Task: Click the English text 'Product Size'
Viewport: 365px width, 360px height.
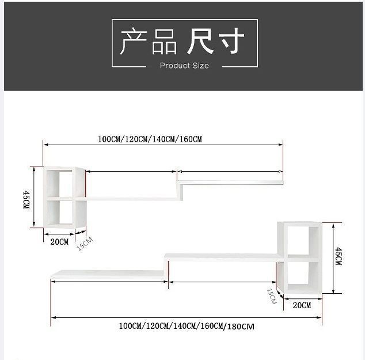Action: click(x=184, y=66)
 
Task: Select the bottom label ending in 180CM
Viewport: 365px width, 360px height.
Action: click(x=187, y=327)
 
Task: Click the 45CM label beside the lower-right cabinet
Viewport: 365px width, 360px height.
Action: click(x=339, y=256)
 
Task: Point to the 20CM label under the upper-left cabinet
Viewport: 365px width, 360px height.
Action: click(x=59, y=242)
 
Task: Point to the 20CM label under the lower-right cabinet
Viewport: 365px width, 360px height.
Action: click(x=302, y=305)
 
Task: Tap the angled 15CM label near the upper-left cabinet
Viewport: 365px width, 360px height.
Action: click(x=84, y=244)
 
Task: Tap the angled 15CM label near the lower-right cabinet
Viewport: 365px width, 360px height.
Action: click(x=271, y=295)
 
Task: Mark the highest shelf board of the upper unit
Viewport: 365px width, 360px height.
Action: click(x=230, y=183)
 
